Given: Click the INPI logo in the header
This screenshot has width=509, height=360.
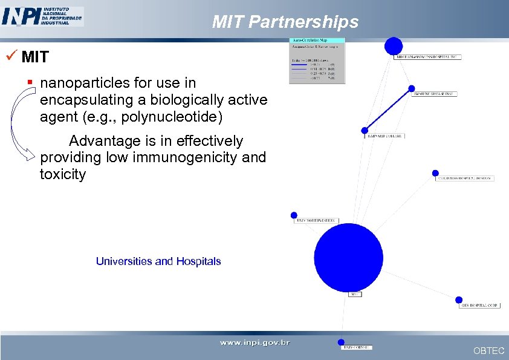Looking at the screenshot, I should [42, 16].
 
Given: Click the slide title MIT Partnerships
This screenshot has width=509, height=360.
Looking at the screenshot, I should [285, 22].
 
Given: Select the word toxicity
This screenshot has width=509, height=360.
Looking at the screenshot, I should [63, 175].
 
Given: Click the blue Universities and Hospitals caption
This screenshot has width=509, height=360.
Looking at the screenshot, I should [158, 261].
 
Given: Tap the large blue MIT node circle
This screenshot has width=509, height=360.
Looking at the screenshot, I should [349, 257].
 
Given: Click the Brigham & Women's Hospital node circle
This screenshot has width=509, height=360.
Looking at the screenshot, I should [394, 46].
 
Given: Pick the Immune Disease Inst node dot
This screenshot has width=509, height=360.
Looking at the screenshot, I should [412, 88].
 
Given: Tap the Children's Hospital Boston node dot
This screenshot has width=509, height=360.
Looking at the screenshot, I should [435, 173].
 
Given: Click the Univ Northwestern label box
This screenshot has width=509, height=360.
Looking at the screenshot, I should [316, 221].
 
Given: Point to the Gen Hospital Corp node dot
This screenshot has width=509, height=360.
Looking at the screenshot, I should [459, 299].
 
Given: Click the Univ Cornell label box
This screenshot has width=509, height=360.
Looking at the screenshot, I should [357, 347].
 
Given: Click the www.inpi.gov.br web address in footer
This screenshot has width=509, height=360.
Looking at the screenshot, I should [254, 342].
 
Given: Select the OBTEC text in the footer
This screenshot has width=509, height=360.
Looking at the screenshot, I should [488, 351].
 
